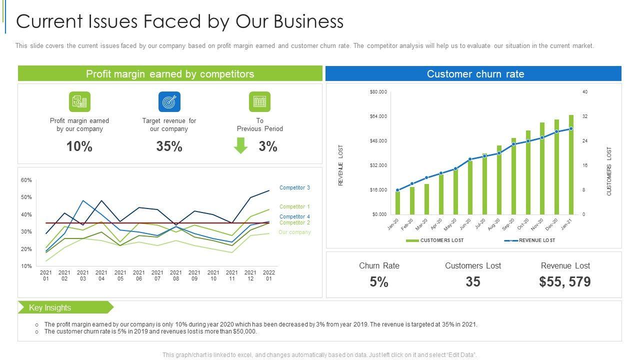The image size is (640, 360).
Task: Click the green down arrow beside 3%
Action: (241, 145)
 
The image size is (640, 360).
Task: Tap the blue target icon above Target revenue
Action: (169, 101)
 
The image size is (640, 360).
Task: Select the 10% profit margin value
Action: (79, 146)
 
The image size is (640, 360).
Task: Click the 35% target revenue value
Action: (169, 146)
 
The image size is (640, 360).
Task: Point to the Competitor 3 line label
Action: (294, 188)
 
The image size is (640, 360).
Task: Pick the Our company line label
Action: (294, 232)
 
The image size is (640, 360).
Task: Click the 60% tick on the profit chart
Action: (26, 180)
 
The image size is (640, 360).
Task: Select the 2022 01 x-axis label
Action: (269, 275)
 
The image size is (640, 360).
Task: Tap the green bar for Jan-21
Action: (571, 165)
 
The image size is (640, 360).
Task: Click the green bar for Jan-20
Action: (397, 202)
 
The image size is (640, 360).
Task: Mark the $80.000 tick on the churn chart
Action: (378, 92)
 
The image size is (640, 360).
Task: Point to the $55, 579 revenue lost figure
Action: (565, 282)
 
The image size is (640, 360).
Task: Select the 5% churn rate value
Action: (379, 282)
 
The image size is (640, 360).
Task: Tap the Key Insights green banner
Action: (65, 307)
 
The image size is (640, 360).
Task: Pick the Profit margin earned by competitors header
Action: (170, 74)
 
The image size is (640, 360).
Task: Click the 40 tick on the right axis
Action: (584, 92)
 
